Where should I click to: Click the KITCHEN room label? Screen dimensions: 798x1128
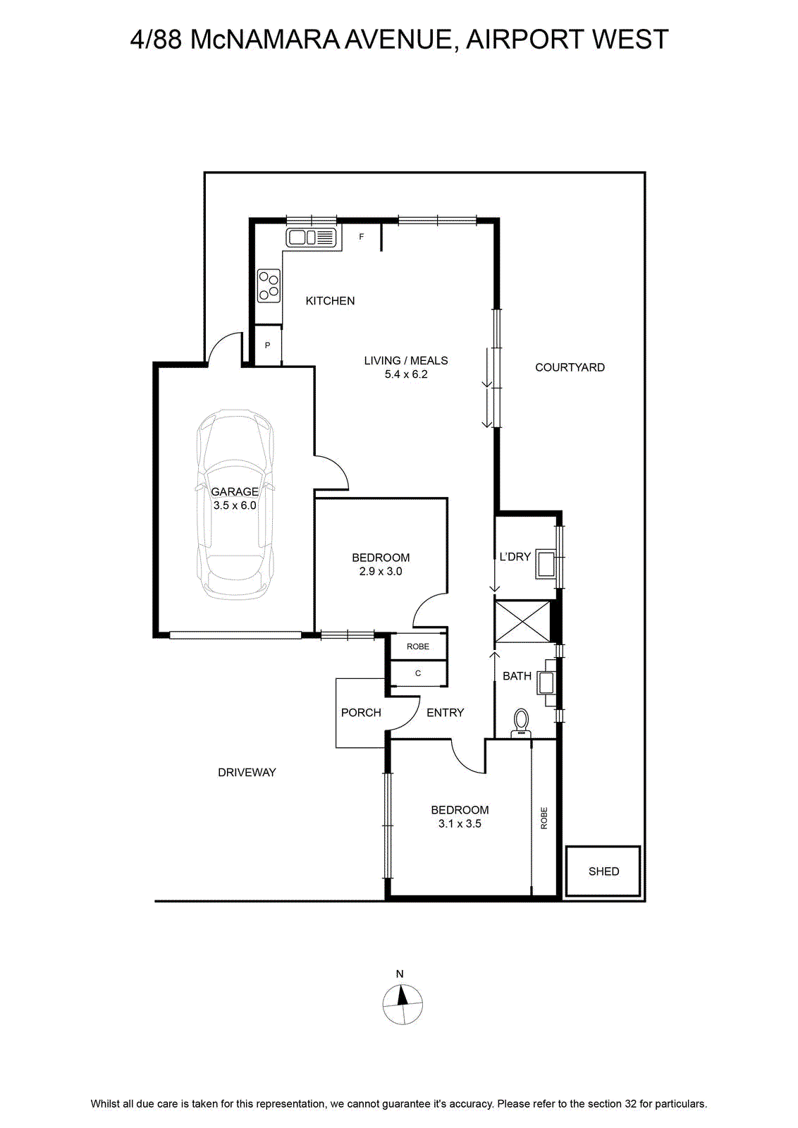(330, 300)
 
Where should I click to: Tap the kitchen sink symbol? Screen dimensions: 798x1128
(311, 237)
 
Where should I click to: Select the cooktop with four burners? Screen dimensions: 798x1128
(269, 286)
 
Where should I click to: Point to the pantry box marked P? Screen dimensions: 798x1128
(268, 345)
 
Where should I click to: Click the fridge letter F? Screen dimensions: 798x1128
(361, 236)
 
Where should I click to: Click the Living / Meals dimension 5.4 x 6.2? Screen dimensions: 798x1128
(406, 374)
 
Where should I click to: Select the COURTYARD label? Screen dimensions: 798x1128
(570, 367)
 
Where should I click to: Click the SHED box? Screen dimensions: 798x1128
(603, 871)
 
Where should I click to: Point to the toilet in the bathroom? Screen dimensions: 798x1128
(522, 723)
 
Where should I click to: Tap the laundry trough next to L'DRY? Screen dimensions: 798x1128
(545, 564)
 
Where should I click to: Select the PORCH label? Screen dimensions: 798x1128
(360, 713)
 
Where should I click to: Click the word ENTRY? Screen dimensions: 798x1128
(445, 713)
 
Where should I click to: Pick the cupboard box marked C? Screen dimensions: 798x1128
(418, 673)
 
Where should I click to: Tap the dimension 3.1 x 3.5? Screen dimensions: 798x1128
(460, 824)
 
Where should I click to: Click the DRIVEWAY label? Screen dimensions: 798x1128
(247, 773)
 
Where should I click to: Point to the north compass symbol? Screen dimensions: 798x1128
(403, 1005)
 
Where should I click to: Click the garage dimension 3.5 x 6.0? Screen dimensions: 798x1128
(235, 505)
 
